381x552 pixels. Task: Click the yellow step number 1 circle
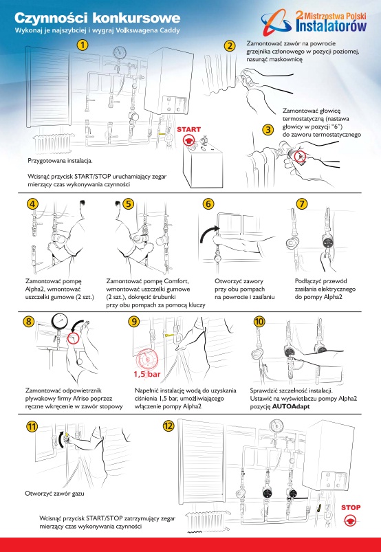pyautogui.click(x=83, y=45)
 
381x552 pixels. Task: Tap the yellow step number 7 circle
pyautogui.click(x=302, y=203)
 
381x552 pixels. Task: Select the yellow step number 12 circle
pyautogui.click(x=168, y=426)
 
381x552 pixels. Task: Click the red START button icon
pyautogui.click(x=188, y=140)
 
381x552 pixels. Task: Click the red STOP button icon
pyautogui.click(x=350, y=520)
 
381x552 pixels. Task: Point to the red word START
pyautogui.click(x=188, y=129)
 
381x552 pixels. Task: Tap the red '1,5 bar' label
pyautogui.click(x=147, y=374)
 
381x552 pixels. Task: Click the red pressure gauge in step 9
pyautogui.click(x=147, y=360)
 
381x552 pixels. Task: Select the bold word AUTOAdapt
pyautogui.click(x=291, y=406)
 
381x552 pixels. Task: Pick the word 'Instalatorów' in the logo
pyautogui.click(x=331, y=25)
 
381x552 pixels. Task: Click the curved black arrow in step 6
pyautogui.click(x=208, y=234)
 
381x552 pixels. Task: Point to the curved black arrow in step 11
pyautogui.click(x=61, y=439)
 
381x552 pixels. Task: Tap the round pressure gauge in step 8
pyautogui.click(x=60, y=322)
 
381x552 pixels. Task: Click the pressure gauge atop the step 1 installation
pyautogui.click(x=120, y=53)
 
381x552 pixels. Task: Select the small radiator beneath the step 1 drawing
pyautogui.click(x=53, y=143)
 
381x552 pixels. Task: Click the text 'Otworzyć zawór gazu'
pyautogui.click(x=54, y=493)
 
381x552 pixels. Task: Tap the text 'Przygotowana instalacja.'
pyautogui.click(x=61, y=161)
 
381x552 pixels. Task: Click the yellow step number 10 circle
pyautogui.click(x=259, y=322)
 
